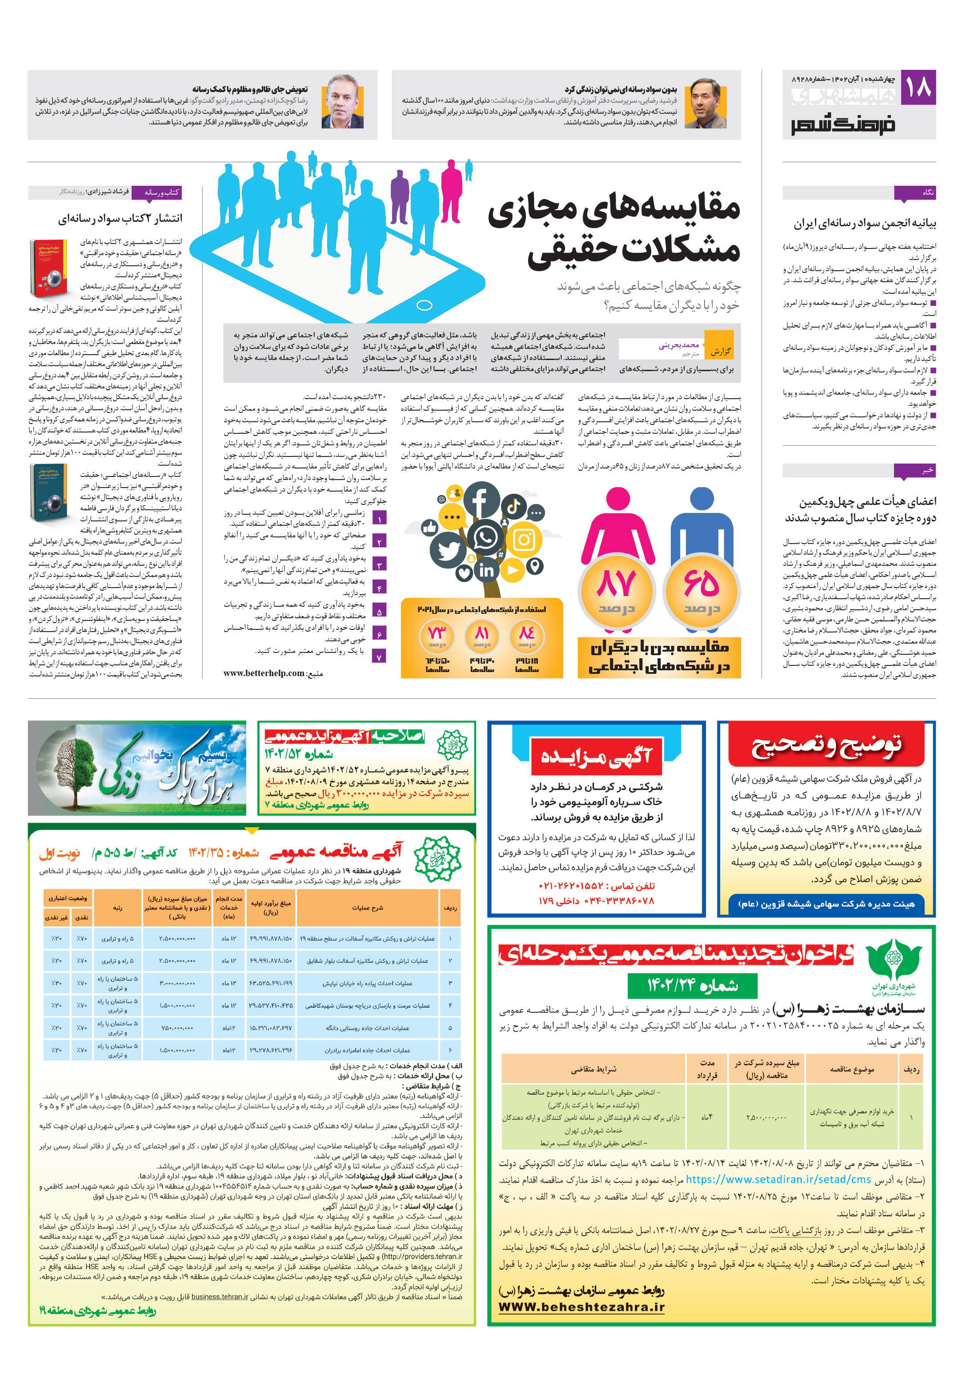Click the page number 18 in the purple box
(917, 87)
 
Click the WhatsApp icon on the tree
(485, 537)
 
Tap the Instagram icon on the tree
(524, 540)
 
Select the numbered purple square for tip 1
(379, 519)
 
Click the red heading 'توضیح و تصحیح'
(826, 746)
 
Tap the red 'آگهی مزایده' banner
(597, 757)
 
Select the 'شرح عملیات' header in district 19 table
(367, 908)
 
